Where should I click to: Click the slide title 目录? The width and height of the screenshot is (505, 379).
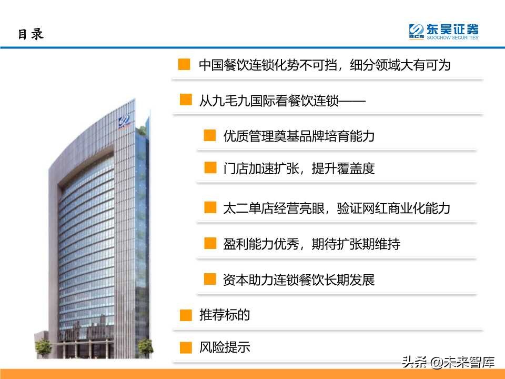31,34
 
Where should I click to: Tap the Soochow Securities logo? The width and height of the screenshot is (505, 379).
444,32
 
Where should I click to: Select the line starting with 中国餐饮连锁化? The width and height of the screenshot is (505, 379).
325,65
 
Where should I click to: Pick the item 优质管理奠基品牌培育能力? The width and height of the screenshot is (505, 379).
298,136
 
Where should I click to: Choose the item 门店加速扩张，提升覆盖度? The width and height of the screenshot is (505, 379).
298,168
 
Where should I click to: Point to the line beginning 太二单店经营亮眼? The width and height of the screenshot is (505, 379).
337,208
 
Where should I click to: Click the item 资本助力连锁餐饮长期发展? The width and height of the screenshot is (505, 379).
298,280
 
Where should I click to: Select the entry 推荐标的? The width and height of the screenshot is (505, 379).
224,315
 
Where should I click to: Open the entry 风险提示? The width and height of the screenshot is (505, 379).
224,347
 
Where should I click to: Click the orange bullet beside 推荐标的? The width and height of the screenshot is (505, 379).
186,315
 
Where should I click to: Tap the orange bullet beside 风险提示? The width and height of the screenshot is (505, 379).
186,348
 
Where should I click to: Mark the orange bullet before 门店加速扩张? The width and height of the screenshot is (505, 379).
210,168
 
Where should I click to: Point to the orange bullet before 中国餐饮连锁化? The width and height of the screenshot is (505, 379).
184,65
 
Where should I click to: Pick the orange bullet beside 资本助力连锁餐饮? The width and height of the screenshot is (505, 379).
210,279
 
